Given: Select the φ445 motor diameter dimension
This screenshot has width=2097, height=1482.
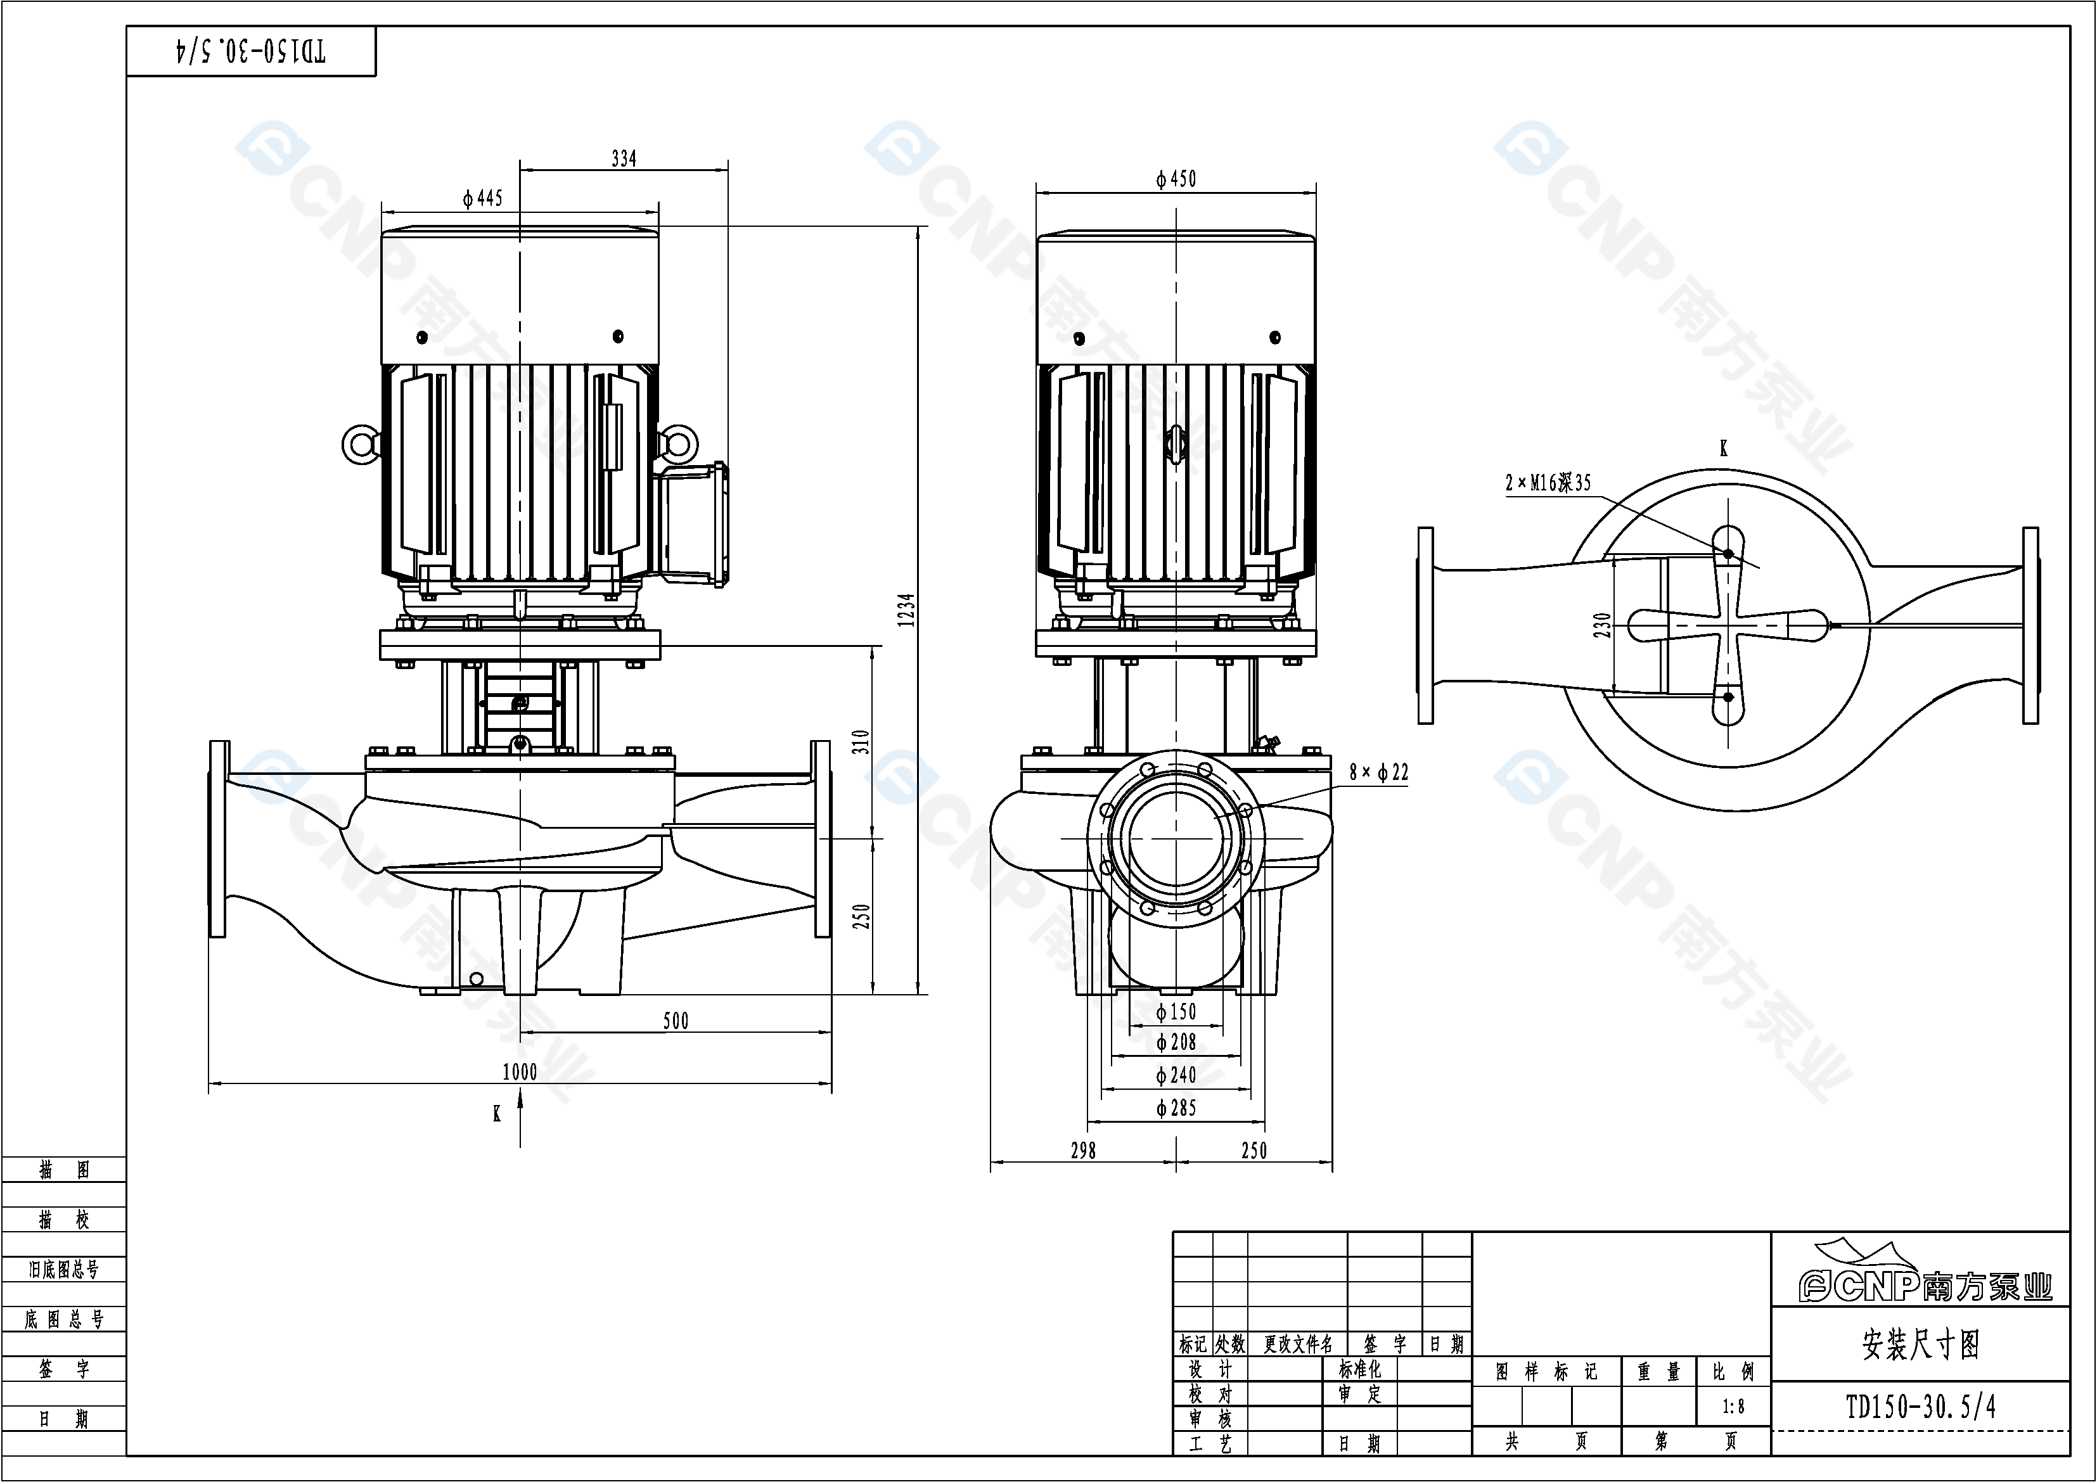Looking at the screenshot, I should [x=482, y=198].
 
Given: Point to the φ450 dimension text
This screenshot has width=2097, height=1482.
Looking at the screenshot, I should [x=1176, y=179].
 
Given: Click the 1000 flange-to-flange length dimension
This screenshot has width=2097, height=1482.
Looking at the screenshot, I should [x=520, y=1072].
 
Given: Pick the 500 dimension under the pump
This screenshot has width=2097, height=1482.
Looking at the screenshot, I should [x=676, y=1021].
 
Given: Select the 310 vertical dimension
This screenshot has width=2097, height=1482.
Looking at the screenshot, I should [x=861, y=741].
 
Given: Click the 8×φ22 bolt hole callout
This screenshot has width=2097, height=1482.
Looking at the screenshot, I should [x=1378, y=772].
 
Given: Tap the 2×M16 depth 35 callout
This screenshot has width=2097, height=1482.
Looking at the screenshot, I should [x=1548, y=483].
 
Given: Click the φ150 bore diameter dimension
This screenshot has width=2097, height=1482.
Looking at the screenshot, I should [x=1176, y=1012].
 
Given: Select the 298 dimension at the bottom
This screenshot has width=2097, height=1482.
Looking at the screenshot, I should [x=1083, y=1151].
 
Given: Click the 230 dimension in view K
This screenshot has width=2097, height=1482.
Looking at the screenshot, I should [x=1602, y=625].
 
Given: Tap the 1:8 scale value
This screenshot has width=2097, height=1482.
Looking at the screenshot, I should [x=1733, y=1407].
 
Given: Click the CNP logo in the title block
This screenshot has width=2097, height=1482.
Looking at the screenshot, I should [x=1925, y=1281].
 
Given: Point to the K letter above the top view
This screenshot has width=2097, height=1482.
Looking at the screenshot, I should [x=1724, y=449].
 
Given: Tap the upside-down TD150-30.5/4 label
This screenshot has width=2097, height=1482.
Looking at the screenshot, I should [x=251, y=51].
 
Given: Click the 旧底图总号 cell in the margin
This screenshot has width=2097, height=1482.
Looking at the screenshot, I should [x=64, y=1269].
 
